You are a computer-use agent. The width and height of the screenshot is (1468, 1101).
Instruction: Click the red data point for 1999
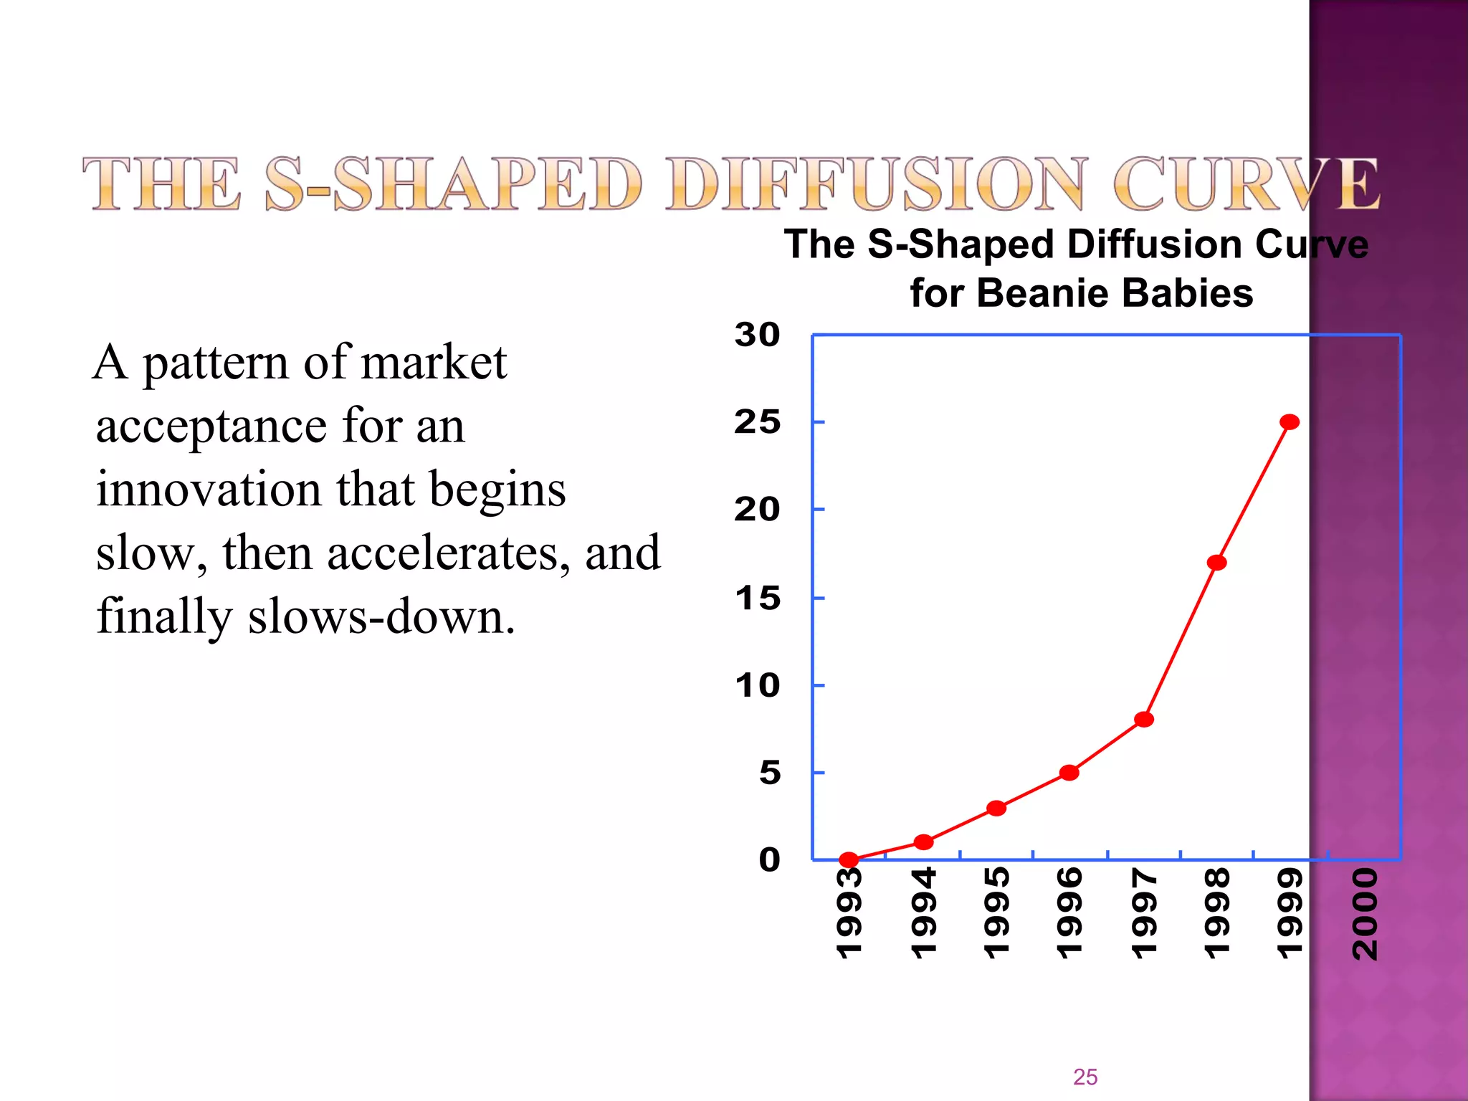[x=1290, y=421]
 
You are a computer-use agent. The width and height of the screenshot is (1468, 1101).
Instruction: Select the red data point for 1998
[x=1216, y=563]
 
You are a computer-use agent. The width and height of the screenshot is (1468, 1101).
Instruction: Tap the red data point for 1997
[x=1144, y=719]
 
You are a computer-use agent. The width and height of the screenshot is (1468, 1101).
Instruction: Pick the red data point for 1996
[x=1069, y=773]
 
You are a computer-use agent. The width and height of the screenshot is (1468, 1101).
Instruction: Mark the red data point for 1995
[x=996, y=809]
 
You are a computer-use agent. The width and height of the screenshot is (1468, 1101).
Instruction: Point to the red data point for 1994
[x=924, y=842]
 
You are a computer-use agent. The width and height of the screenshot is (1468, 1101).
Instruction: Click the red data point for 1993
[x=849, y=859]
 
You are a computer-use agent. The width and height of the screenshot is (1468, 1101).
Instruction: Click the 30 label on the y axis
[x=757, y=335]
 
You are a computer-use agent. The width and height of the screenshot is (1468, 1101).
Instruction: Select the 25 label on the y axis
[x=757, y=422]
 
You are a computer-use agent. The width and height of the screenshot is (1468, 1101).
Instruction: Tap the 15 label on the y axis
[x=758, y=598]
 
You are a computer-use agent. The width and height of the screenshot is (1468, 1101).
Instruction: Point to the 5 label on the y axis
[x=770, y=773]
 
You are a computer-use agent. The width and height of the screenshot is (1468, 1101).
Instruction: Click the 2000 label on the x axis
[x=1365, y=914]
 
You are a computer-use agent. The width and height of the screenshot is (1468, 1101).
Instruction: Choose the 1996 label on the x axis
[x=1069, y=914]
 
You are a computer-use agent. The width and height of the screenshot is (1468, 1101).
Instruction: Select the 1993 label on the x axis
[x=849, y=914]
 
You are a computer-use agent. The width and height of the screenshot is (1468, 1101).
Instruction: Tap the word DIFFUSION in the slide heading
[x=875, y=184]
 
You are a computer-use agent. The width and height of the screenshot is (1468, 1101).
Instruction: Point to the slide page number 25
[x=1085, y=1077]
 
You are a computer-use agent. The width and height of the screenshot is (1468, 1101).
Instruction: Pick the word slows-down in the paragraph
[x=381, y=617]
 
